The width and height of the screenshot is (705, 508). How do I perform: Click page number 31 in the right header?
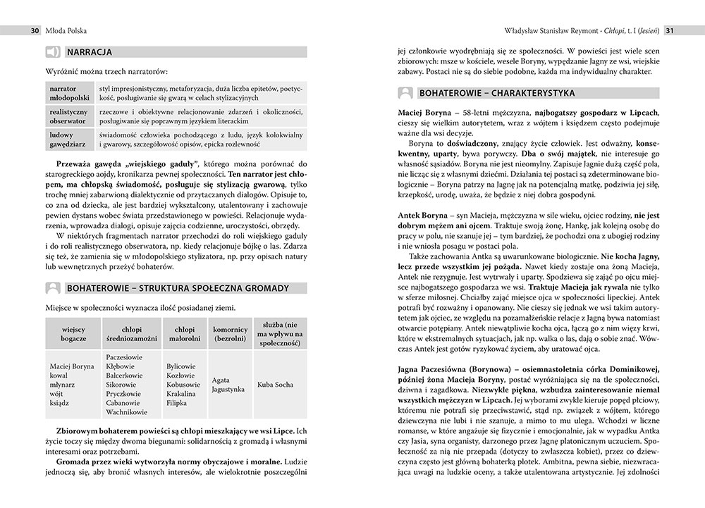pos(671,30)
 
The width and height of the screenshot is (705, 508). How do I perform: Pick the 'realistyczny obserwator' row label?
pos(68,116)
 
